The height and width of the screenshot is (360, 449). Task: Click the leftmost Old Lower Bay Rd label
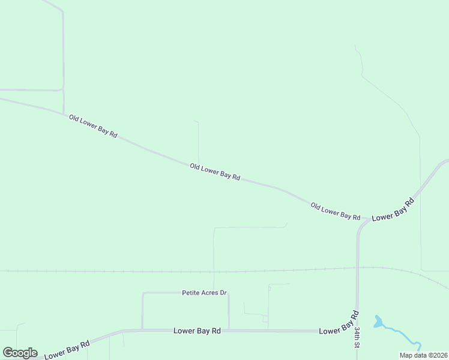[92, 127]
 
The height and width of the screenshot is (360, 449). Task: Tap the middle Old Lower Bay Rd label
[215, 172]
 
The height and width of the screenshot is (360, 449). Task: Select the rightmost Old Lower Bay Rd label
[335, 211]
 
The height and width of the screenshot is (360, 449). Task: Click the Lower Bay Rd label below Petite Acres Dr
[197, 331]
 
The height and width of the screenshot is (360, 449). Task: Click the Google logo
[20, 353]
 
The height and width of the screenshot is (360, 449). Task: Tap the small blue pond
[378, 322]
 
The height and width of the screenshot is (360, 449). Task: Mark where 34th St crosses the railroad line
[358, 268]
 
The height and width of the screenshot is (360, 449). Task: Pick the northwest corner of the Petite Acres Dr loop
[143, 293]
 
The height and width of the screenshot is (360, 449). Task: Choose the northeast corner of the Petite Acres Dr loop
[228, 293]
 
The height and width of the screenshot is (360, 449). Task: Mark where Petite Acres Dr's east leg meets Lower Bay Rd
[229, 330]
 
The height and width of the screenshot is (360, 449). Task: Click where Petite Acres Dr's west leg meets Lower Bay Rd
[142, 329]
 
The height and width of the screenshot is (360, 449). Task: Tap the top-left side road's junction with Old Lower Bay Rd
[64, 113]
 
